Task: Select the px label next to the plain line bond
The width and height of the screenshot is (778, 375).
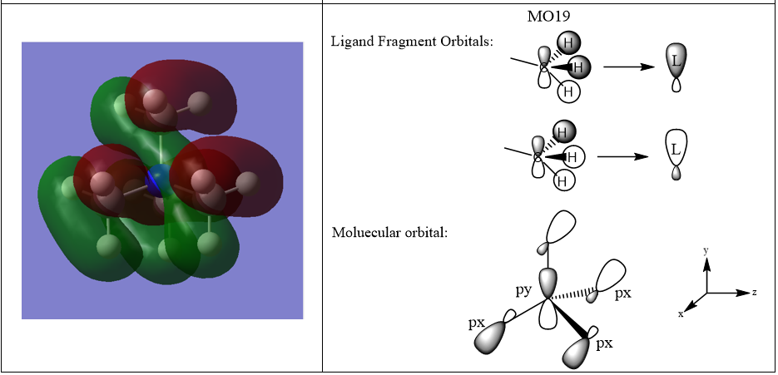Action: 476,322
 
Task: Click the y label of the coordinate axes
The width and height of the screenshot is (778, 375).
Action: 706,249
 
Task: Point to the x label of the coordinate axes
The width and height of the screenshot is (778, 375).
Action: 680,313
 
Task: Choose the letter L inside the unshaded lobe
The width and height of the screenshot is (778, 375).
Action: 676,150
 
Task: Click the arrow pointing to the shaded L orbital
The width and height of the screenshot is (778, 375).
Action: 629,67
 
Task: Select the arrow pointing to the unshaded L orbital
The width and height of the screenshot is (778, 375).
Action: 623,155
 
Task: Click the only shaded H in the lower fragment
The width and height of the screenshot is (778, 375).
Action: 562,131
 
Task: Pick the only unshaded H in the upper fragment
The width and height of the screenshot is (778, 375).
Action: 568,91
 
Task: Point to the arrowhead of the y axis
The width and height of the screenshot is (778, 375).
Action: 706,263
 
